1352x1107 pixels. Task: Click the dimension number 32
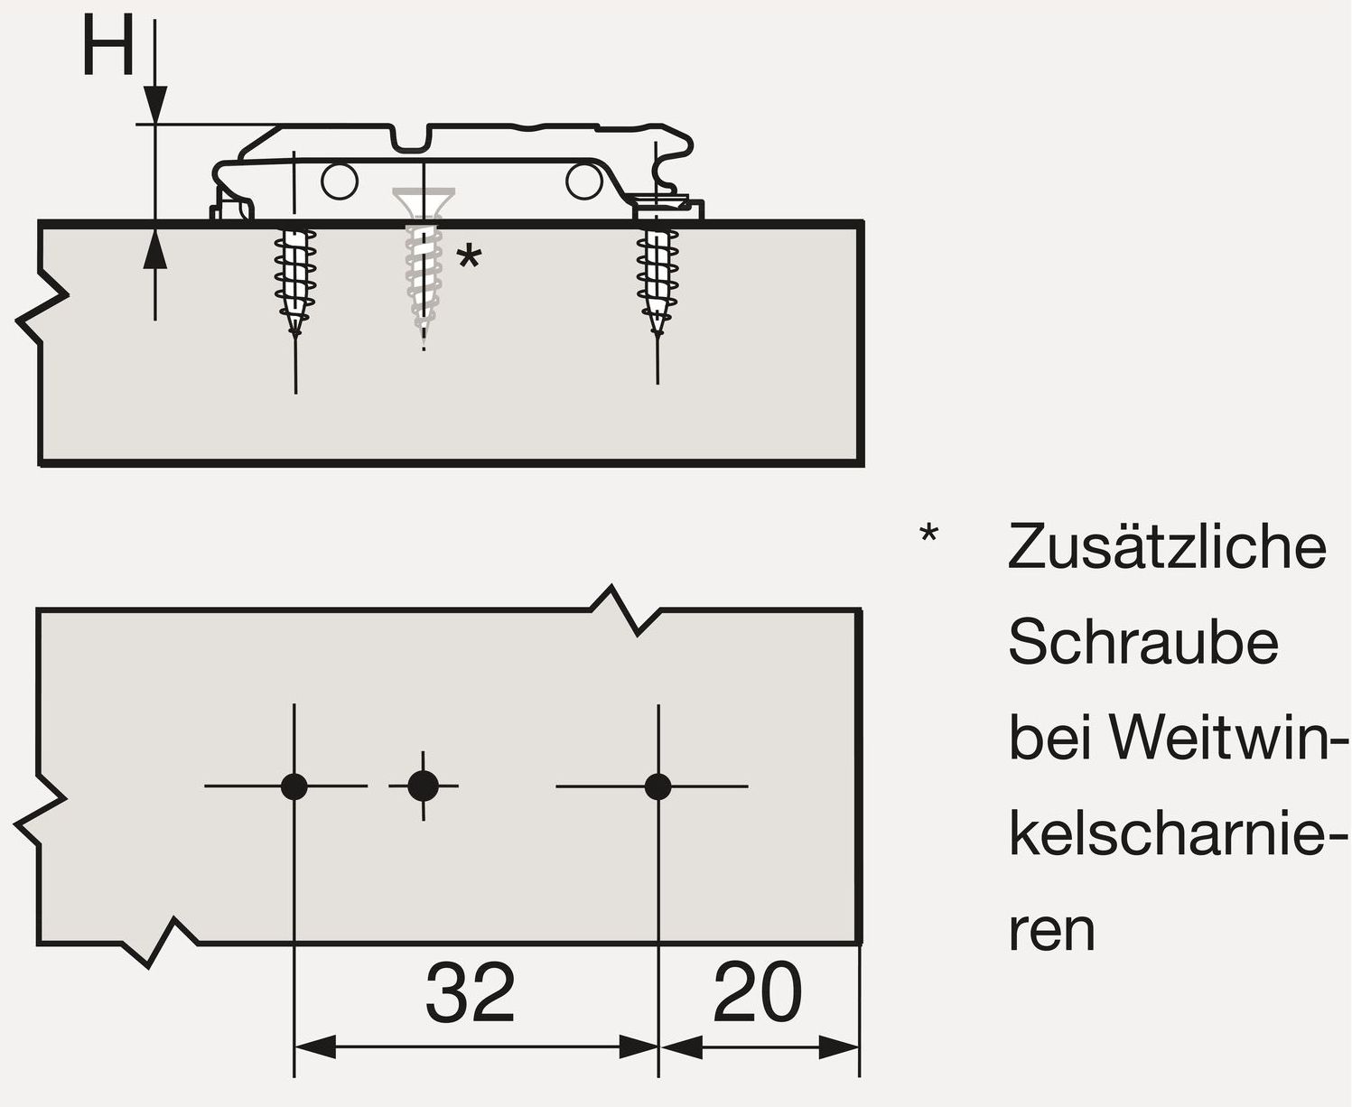pyautogui.click(x=471, y=992)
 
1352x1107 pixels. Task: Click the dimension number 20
pyautogui.click(x=757, y=992)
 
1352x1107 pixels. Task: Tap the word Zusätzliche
pyautogui.click(x=1167, y=546)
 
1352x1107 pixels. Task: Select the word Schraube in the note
pyautogui.click(x=1143, y=642)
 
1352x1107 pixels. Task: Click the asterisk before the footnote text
pyautogui.click(x=928, y=535)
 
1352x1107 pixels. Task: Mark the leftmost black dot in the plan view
pyautogui.click(x=294, y=786)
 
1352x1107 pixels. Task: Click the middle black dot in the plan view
pyautogui.click(x=423, y=786)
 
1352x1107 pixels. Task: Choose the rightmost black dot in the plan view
pyautogui.click(x=658, y=786)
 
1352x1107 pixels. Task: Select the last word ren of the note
pyautogui.click(x=1051, y=932)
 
